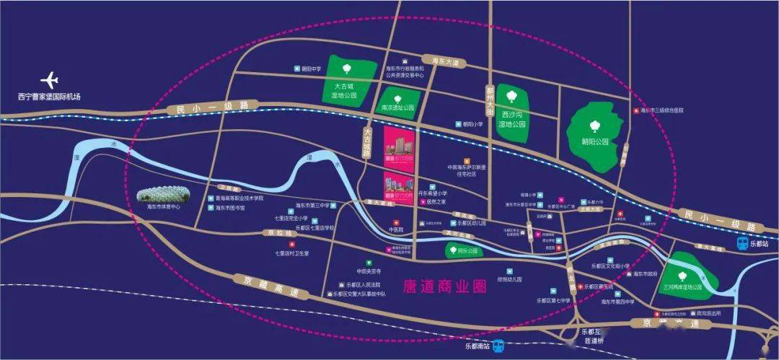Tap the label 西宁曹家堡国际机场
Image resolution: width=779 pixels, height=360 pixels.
click(50, 97)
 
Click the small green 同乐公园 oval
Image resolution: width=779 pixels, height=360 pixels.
click(453, 252)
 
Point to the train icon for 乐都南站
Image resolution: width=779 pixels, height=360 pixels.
click(498, 346)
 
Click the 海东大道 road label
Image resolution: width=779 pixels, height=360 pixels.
click(444, 62)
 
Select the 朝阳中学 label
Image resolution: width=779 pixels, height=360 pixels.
click(311, 69)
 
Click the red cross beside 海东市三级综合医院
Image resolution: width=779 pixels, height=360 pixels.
click(635, 111)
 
